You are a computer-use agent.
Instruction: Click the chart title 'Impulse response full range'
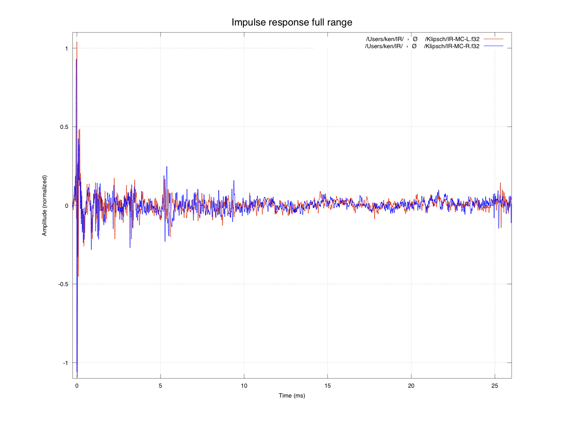click(292, 22)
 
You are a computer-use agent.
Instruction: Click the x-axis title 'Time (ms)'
click(292, 395)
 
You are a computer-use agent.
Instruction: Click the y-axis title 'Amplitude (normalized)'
click(44, 206)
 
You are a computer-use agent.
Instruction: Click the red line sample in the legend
click(493, 38)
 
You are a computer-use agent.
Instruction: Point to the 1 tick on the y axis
click(67, 49)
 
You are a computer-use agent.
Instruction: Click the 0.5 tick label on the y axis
click(64, 127)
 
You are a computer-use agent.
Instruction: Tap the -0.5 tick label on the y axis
click(63, 284)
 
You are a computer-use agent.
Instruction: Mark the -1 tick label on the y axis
click(66, 363)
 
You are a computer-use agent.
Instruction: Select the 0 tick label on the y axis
click(67, 206)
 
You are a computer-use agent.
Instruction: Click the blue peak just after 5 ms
click(167, 167)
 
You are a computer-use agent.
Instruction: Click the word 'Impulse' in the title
click(247, 22)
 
